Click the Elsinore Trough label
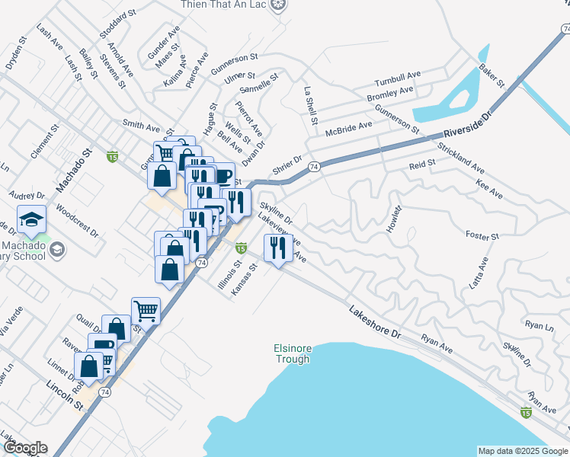293,353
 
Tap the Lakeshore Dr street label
375,322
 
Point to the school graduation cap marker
33,219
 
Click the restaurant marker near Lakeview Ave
277,248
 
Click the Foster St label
482,237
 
